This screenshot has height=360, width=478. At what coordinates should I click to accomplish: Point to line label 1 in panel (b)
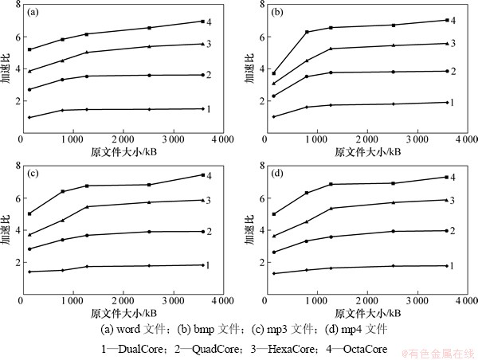[x=451, y=102]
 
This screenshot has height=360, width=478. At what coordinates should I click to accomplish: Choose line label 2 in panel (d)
[x=451, y=230]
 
